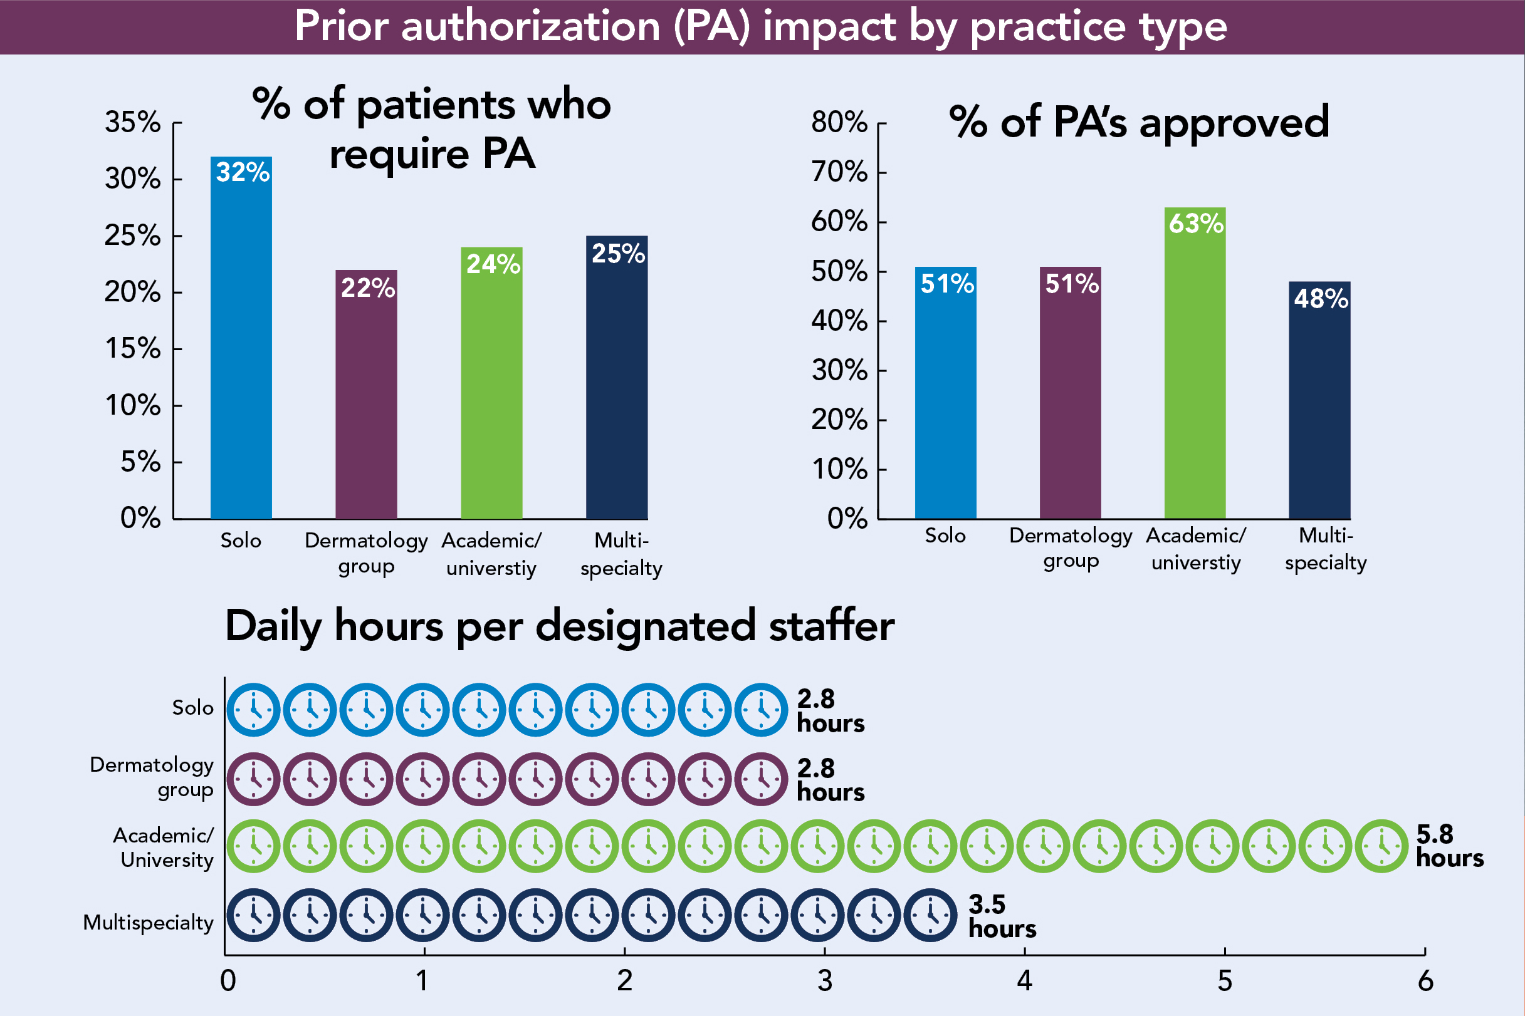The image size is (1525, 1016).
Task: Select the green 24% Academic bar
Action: [491, 389]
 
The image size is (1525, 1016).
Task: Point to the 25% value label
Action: [618, 253]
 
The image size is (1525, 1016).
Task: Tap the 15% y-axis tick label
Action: [133, 349]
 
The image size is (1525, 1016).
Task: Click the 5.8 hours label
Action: [1449, 846]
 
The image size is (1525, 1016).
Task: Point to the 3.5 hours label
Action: [1002, 916]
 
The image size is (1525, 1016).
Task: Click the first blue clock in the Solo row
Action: [253, 710]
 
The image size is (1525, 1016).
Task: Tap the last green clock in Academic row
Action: [1381, 846]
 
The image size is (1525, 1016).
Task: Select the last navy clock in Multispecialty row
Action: [930, 915]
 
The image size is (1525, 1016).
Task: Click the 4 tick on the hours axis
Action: [1024, 980]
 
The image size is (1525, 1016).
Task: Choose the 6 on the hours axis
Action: [1425, 980]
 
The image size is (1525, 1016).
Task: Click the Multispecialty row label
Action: [149, 922]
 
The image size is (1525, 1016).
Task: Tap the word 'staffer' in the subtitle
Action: [831, 626]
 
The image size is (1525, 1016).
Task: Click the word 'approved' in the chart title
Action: [1234, 123]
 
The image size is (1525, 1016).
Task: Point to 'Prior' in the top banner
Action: [341, 26]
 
